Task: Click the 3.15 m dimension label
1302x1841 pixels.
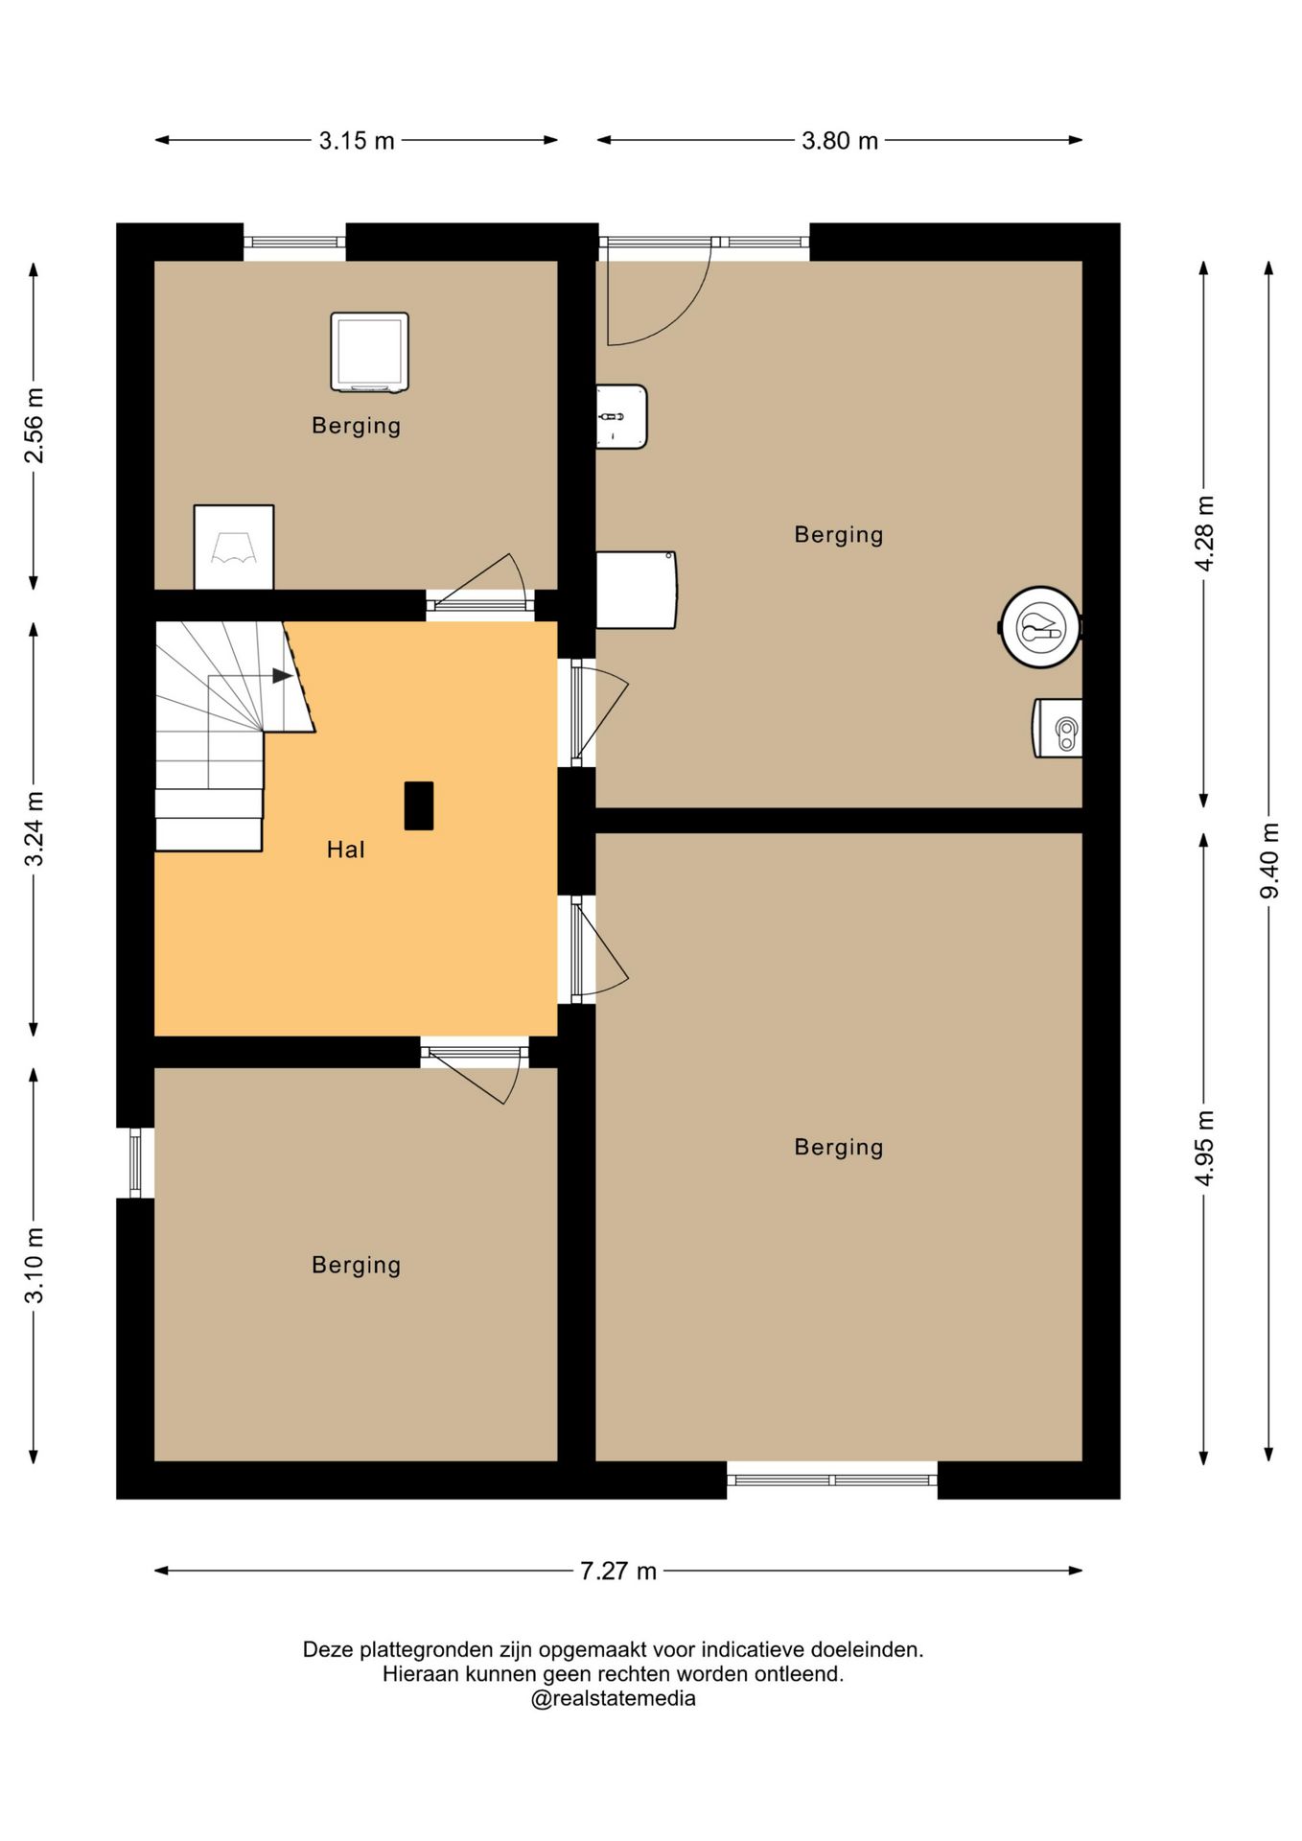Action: point(357,141)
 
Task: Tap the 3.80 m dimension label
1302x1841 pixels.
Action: point(840,141)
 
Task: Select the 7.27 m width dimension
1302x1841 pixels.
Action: point(618,1571)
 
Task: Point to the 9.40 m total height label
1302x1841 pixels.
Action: point(1269,860)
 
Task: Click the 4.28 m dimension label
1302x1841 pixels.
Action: point(1204,533)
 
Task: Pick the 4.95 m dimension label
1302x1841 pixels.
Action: point(1204,1148)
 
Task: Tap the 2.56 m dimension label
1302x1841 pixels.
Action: point(34,425)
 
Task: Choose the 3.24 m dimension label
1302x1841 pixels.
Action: point(34,828)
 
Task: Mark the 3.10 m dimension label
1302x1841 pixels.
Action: point(34,1266)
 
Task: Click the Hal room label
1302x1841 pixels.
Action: point(345,850)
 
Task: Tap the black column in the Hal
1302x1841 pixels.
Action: point(419,805)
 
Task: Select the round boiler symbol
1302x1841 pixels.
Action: point(1040,627)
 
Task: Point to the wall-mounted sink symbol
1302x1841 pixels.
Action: point(621,416)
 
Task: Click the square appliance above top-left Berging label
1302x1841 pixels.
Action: point(370,352)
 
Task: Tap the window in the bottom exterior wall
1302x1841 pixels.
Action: point(832,1480)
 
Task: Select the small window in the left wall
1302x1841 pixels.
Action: point(135,1163)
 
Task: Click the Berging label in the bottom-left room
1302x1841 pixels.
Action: point(357,1266)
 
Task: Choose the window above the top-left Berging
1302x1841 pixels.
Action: point(294,242)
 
